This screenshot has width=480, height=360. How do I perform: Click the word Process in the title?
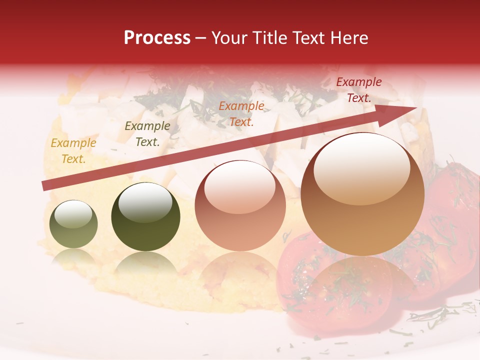(x=157, y=38)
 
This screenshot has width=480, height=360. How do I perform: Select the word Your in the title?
(x=230, y=38)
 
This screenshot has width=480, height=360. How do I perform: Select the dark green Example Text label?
(x=147, y=134)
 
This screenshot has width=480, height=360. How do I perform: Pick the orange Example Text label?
(x=241, y=113)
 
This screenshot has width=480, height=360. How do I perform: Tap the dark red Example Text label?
(x=358, y=90)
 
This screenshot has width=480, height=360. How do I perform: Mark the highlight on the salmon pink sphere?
(x=239, y=187)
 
